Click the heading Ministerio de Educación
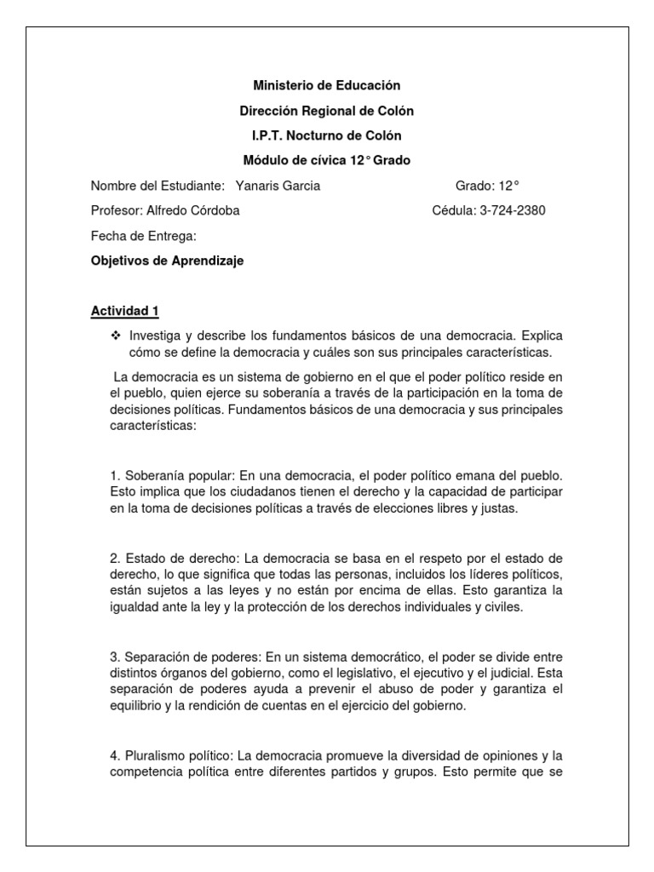tap(326, 86)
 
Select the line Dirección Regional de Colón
tap(326, 112)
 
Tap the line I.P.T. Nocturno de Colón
tap(326, 136)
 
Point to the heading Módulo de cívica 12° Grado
tap(326, 161)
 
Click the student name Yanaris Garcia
tap(277, 186)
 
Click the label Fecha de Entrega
tap(143, 236)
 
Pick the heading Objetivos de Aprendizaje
tap(167, 261)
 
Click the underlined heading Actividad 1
tap(124, 312)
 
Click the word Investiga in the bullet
tap(156, 336)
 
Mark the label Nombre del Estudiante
tap(158, 186)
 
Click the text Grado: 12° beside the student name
tap(487, 186)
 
